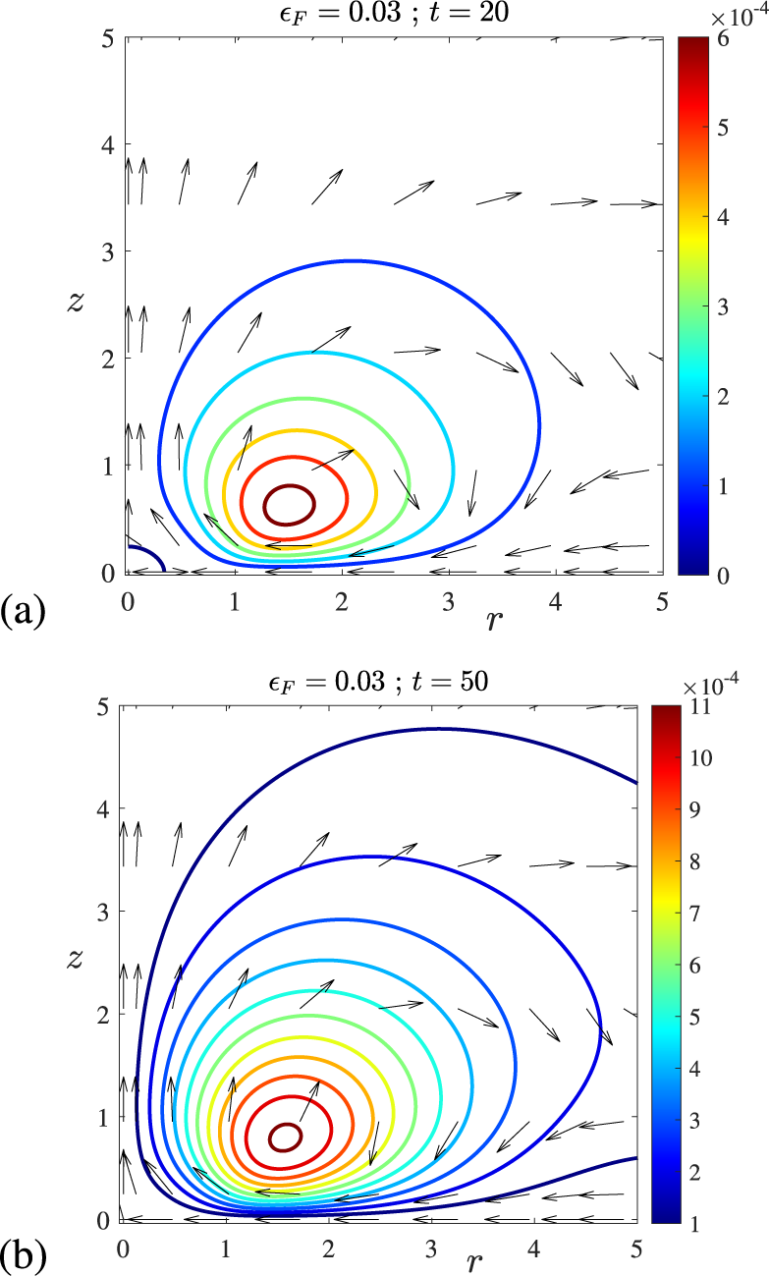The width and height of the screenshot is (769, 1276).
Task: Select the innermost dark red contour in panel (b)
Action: (286, 1137)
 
